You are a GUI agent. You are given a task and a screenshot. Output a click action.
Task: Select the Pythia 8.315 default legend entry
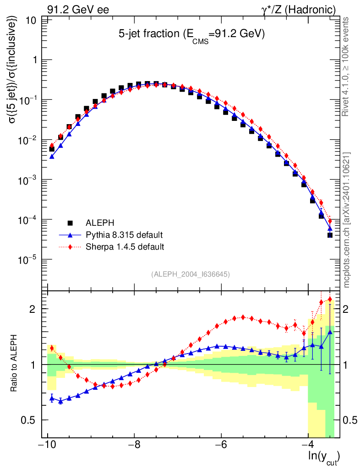click(x=124, y=235)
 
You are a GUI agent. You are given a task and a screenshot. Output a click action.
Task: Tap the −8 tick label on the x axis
click(x=134, y=445)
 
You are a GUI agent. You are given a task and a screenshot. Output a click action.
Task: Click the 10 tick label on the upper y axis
click(x=32, y=20)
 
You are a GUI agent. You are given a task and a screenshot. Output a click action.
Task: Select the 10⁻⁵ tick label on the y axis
click(x=28, y=260)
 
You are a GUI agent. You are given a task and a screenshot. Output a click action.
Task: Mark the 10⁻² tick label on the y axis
click(x=28, y=140)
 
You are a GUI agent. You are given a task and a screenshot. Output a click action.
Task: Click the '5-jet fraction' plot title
click(x=192, y=35)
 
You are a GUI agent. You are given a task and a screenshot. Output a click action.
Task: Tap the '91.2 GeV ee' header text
click(x=78, y=10)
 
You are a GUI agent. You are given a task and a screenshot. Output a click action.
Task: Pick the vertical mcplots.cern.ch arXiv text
click(x=347, y=220)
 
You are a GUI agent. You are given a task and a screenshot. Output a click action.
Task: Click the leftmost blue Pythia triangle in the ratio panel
click(x=52, y=398)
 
